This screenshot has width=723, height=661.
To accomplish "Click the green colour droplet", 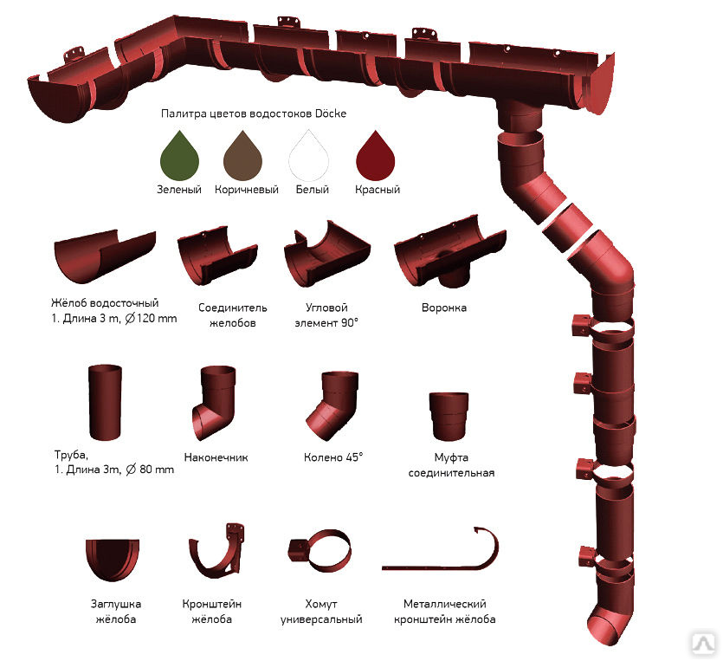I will [x=179, y=155].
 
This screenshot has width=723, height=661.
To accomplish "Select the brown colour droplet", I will [x=245, y=155].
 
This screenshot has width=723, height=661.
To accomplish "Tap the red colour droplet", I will [x=377, y=155].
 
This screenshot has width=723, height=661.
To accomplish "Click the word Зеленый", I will [x=179, y=189].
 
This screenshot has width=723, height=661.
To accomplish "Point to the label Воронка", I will [x=444, y=308].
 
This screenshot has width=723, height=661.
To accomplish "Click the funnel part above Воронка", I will [x=448, y=260].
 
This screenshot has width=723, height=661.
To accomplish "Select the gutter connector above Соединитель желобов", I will [x=216, y=256].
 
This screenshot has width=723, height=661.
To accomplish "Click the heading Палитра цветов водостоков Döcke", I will [x=254, y=113].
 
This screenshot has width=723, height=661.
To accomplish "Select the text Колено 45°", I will [x=332, y=457].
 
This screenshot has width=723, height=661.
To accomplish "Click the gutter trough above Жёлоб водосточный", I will [x=104, y=257].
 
